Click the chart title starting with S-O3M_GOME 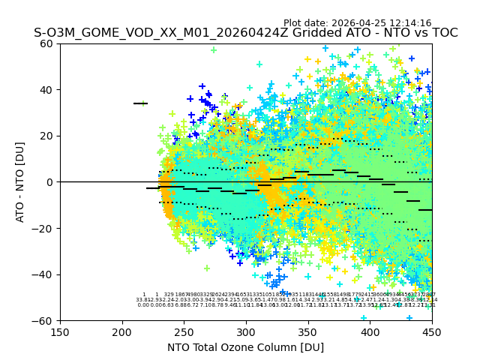(245, 33)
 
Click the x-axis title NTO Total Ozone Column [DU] (245, 347)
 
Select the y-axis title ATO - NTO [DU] (21, 181)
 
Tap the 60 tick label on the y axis (47, 43)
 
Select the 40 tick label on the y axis (47, 90)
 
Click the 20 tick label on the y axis (47, 136)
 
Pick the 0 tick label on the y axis (50, 182)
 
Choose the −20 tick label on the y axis (43, 228)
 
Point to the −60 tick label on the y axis (43, 320)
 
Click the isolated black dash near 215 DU (140, 103)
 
